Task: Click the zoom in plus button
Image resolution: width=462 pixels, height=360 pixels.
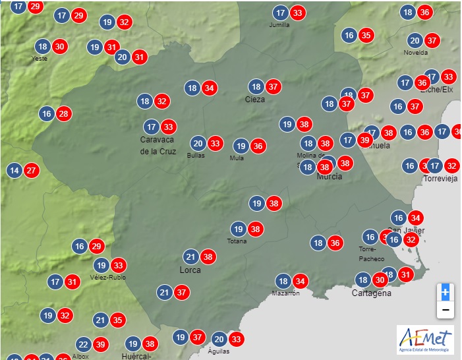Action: pos(446,291)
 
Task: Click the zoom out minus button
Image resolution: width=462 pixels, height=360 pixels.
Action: pos(446,309)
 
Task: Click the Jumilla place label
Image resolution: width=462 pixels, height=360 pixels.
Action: pos(279,25)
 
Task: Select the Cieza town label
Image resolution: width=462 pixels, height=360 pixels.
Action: pos(255,100)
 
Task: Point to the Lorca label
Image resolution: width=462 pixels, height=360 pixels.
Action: pos(190,270)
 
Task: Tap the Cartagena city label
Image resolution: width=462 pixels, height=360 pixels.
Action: pos(371,293)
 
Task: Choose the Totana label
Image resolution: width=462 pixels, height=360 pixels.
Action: pos(238,241)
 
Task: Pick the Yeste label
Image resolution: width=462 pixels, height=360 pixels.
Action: pos(40,59)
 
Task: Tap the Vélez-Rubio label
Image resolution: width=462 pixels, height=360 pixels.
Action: pos(108,278)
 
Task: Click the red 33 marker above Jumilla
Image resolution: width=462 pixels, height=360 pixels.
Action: pos(298,13)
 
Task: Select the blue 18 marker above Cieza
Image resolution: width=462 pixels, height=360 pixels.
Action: pos(256,86)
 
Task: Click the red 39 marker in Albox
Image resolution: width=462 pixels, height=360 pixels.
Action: pos(100,344)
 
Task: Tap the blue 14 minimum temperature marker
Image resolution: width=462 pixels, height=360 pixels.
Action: pos(14,171)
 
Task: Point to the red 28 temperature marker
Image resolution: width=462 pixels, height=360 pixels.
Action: pos(63,113)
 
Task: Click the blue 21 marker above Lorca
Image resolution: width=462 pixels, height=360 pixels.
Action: pos(191,256)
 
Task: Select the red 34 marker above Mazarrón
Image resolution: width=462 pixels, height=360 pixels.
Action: pos(300,280)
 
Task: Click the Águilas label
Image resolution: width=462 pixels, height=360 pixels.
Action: pos(219,351)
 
